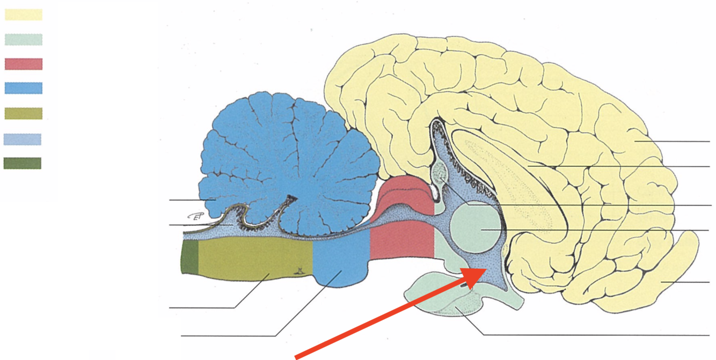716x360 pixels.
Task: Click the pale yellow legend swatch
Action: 24,14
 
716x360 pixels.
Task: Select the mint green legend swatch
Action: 24,39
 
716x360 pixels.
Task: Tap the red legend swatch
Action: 24,64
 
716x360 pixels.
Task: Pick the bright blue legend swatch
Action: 24,88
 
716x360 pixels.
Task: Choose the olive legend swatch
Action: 24,113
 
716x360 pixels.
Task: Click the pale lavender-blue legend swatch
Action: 23,139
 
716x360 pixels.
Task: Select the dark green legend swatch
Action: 23,163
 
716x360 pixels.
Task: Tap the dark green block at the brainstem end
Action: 190,258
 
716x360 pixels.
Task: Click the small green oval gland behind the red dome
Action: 440,172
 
